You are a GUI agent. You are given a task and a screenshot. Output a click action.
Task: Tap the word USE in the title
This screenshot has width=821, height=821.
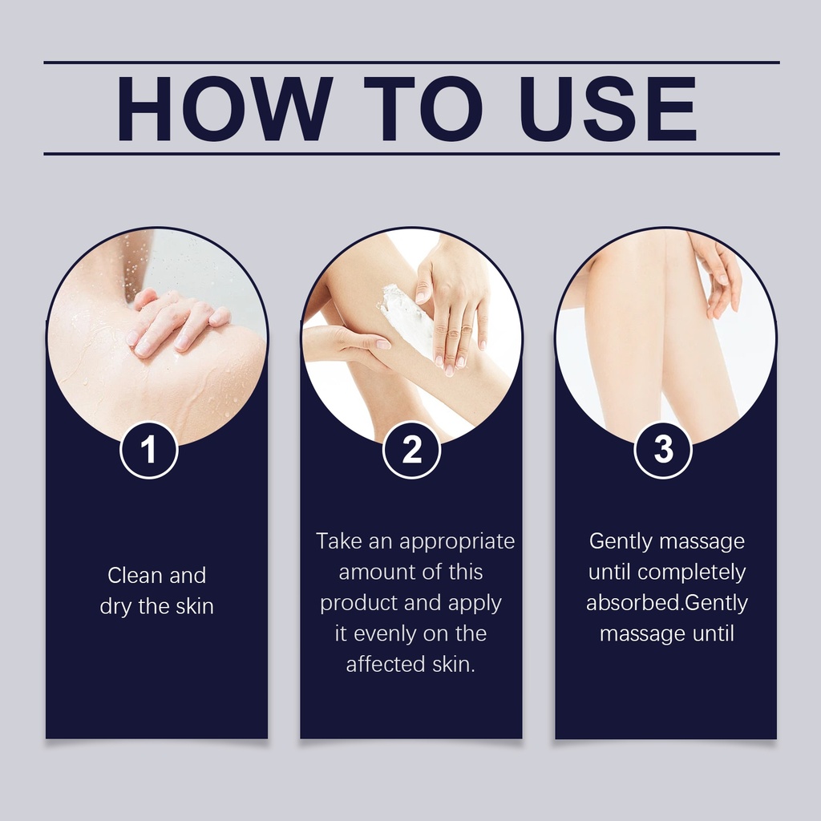coord(608,108)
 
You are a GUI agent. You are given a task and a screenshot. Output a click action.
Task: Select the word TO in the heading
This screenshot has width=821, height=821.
coord(423,108)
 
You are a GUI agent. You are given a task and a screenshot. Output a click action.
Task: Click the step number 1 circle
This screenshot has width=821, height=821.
coord(149,450)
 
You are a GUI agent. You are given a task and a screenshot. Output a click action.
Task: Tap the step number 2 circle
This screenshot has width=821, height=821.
coord(411,450)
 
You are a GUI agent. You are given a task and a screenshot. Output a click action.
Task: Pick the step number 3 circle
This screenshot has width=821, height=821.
coord(663,450)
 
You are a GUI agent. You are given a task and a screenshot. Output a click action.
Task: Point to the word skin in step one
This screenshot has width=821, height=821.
coord(195,606)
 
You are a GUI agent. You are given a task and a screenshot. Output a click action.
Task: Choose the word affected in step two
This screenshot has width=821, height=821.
coord(386,665)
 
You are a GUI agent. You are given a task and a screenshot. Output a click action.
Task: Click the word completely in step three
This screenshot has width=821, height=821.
coord(692,573)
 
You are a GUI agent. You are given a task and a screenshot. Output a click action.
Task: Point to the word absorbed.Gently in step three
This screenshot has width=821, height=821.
coord(667,604)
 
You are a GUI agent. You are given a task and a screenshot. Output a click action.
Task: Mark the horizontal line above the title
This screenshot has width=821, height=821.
coord(411,63)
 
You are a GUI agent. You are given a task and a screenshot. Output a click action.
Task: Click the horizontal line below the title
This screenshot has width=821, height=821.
coord(411,154)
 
